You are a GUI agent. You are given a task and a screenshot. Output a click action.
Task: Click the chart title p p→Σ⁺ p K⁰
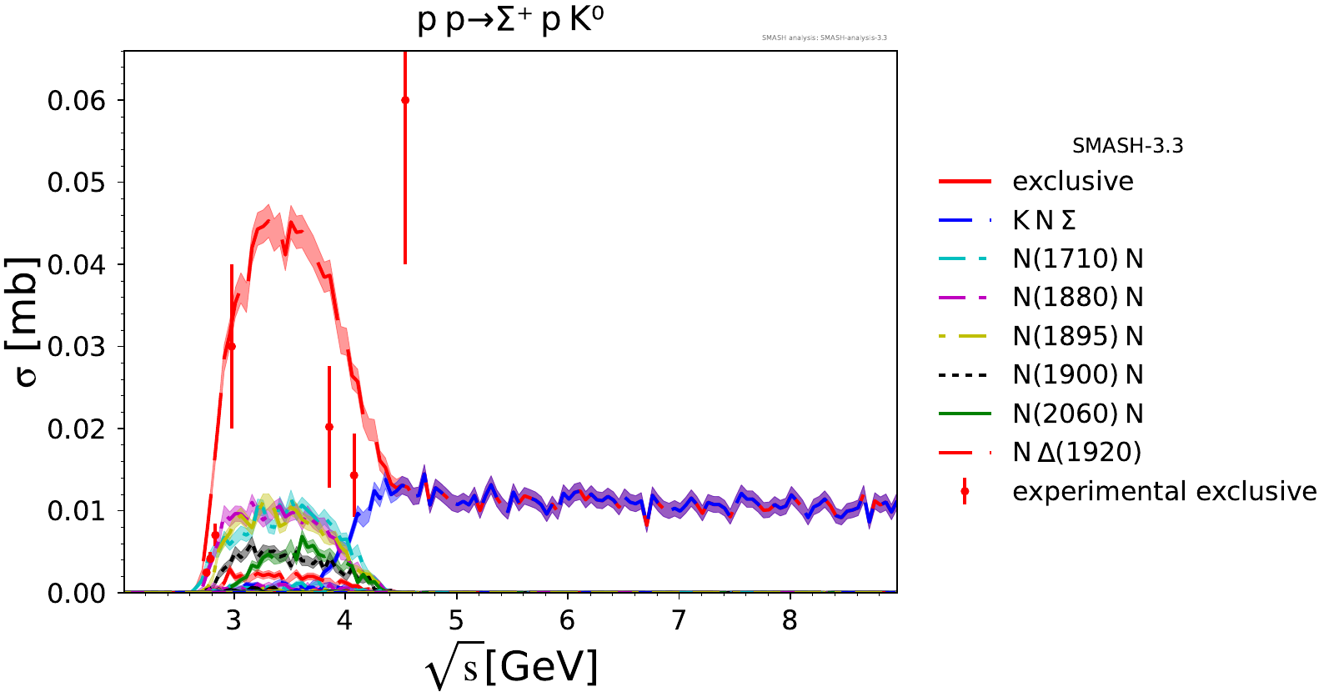point(510,20)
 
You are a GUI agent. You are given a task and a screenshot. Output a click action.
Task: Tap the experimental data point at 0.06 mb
point(405,100)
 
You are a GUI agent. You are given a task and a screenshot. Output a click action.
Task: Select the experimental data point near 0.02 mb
point(329,427)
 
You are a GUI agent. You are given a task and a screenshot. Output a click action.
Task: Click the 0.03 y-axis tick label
point(77,347)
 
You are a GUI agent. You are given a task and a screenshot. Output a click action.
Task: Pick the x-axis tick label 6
point(568,620)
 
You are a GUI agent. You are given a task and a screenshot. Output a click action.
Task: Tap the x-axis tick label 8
point(790,620)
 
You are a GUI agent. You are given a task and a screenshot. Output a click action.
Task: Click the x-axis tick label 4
point(345,620)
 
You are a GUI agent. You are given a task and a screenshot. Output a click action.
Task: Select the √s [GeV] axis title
point(511,668)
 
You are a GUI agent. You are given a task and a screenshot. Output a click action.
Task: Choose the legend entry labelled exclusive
point(1072,181)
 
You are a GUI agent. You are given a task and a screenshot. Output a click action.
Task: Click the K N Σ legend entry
point(1044,220)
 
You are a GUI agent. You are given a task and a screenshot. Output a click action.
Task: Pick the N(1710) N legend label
point(1077,258)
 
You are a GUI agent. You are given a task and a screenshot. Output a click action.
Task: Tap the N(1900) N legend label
point(1077,375)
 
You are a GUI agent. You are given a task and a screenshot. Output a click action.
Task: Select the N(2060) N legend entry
point(1077,414)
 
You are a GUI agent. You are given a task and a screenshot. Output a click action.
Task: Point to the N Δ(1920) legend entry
point(1076,453)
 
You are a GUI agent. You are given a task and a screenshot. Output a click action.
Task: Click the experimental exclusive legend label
point(1164,491)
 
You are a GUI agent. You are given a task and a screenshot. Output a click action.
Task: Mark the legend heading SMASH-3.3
point(1127,146)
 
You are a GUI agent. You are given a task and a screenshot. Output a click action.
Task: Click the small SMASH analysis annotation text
point(824,38)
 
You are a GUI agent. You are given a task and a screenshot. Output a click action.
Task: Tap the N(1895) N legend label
point(1077,336)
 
